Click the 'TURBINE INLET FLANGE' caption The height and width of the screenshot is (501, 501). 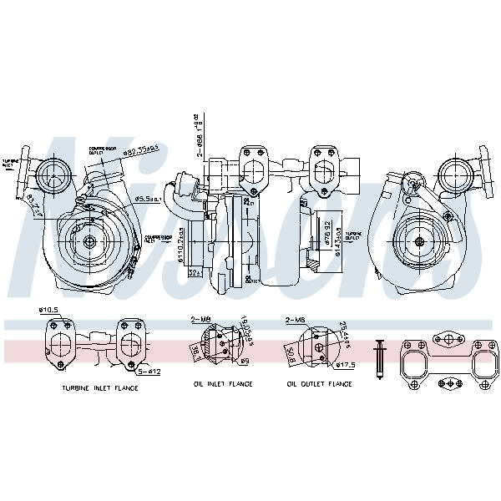[x=100, y=388]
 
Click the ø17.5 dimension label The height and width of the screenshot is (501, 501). [x=345, y=365]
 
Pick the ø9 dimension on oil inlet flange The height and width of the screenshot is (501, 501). [x=245, y=361]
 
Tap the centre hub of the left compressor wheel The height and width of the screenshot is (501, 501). [x=89, y=241]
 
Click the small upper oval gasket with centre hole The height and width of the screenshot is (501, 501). [x=451, y=338]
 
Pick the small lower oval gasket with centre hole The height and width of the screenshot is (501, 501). [x=451, y=385]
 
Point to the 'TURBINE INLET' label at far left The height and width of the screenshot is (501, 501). [x=10, y=163]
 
